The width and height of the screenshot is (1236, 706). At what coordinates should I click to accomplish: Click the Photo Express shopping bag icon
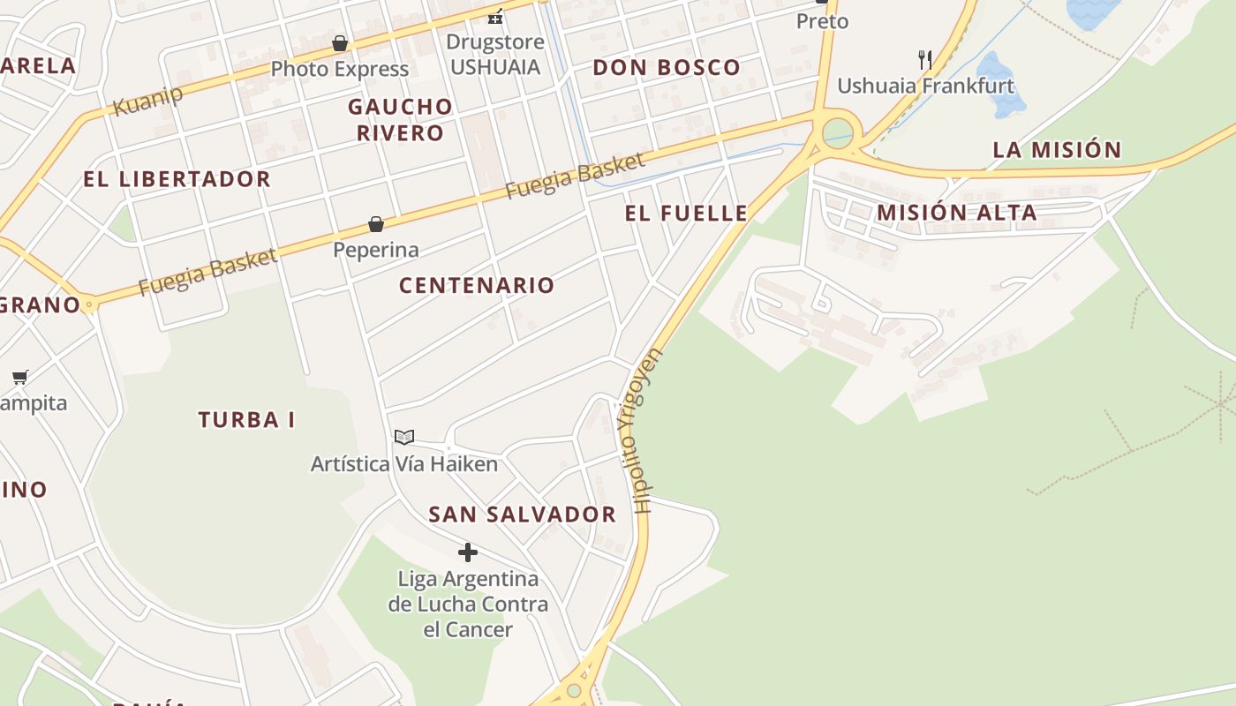click(x=340, y=43)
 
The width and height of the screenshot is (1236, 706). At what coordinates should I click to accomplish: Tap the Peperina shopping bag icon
click(x=376, y=224)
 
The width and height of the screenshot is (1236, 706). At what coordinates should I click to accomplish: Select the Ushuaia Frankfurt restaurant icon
click(x=925, y=60)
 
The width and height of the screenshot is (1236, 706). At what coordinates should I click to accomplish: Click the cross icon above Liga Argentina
click(x=468, y=553)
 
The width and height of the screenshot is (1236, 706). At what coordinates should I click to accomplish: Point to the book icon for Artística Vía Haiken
click(x=404, y=437)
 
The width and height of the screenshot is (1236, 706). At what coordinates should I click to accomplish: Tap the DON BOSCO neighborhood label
click(x=667, y=68)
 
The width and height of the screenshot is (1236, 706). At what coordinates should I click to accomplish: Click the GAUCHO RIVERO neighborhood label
click(x=400, y=120)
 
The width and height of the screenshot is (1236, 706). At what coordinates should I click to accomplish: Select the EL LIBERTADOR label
click(x=177, y=179)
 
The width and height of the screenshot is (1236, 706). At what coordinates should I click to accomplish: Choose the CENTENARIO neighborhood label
click(x=477, y=285)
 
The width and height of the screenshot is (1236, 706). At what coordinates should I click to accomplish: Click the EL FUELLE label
click(x=686, y=213)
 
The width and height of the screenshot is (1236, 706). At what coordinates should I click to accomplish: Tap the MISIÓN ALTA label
click(x=956, y=213)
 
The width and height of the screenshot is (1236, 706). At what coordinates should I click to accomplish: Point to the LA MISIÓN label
click(x=1057, y=150)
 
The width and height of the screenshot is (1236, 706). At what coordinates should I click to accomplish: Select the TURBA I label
click(x=246, y=420)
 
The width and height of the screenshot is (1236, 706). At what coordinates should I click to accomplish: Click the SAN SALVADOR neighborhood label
click(x=522, y=514)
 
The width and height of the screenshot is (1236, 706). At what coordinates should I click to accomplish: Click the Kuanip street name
click(x=148, y=101)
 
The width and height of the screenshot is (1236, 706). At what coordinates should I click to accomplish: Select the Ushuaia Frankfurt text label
click(x=925, y=86)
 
